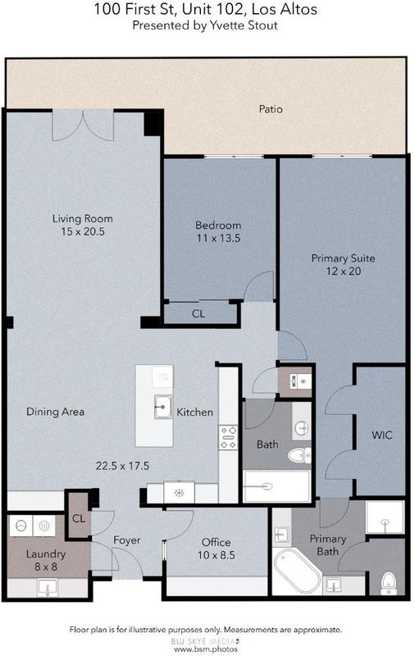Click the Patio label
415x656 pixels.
point(271,109)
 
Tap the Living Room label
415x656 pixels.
point(82,218)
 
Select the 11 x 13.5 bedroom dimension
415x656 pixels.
point(218,239)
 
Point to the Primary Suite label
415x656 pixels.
point(343,258)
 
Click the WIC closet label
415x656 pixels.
point(382,435)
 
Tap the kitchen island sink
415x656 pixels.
point(162,407)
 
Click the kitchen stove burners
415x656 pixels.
point(229,437)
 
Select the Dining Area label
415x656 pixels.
point(55,412)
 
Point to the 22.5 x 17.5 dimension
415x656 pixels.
point(122,466)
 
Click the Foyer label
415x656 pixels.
point(127,540)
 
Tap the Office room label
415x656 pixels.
point(216,542)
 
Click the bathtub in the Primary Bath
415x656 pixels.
point(297,572)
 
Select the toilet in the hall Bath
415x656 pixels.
point(299,455)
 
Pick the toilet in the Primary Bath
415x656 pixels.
point(389,583)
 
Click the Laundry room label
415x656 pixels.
point(46,554)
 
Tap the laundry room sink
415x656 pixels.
point(48,587)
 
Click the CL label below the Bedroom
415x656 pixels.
point(198,313)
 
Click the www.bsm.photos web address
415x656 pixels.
point(205,649)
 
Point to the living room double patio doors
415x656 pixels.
point(83,125)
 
